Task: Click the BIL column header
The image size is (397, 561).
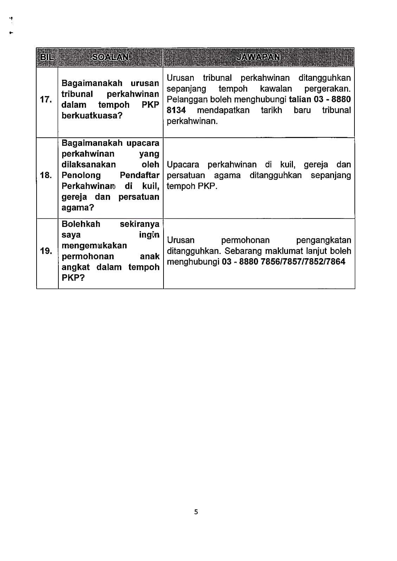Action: pos(47,57)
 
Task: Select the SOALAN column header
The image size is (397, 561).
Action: pos(110,57)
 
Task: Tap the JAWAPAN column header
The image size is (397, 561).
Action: pos(259,57)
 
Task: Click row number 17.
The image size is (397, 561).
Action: pos(46,99)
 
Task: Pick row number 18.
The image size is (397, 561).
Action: pos(46,175)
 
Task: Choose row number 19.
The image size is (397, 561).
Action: pos(46,251)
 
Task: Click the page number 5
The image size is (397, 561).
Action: pos(196,512)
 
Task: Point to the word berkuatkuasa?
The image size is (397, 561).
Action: pos(92,116)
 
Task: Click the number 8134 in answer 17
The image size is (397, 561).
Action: pos(176,110)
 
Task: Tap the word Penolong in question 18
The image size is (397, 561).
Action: pos(81,175)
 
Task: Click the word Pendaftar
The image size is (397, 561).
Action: pos(139,175)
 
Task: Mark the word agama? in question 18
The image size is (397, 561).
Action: pos(78,207)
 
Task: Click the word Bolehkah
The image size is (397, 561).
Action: pos(81,224)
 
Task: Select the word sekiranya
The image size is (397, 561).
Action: pos(139,224)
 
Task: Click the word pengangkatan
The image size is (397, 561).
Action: pos(324,240)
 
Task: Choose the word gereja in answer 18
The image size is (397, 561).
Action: pos(315,164)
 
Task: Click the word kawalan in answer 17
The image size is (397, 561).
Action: pos(276,89)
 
